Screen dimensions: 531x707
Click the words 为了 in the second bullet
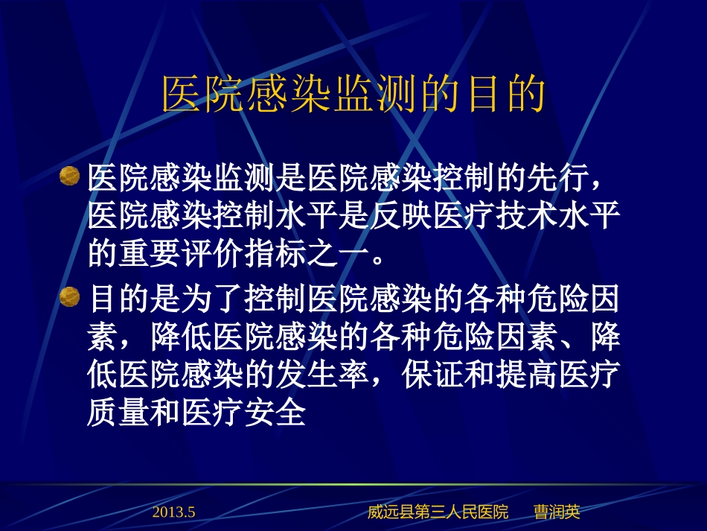212,300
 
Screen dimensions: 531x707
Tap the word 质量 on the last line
118,414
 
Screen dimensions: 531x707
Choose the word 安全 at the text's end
275,414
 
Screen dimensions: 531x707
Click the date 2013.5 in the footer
173,512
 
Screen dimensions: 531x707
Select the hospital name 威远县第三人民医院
438,512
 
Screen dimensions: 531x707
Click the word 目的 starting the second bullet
118,300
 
